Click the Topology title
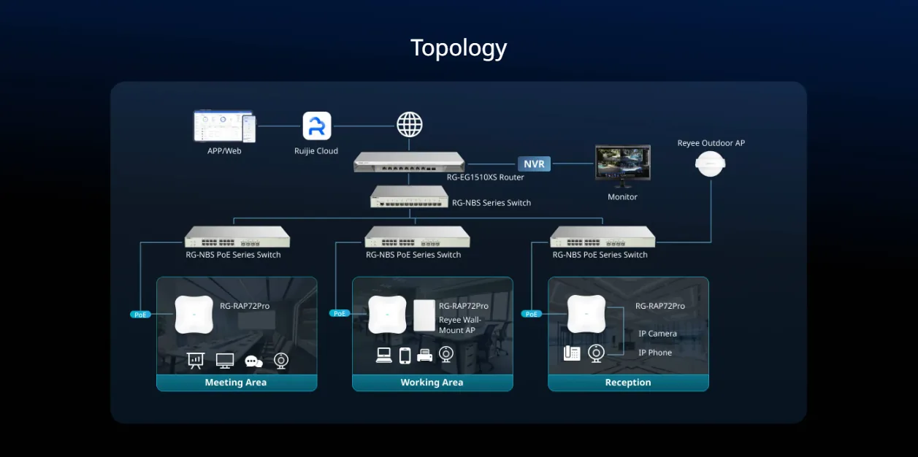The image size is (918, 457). click(x=459, y=49)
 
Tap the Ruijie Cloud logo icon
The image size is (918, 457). click(x=317, y=126)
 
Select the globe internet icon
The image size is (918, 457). click(x=410, y=125)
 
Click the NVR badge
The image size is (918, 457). click(x=534, y=164)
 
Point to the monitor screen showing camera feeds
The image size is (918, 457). click(x=622, y=162)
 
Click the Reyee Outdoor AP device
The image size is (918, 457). click(x=710, y=164)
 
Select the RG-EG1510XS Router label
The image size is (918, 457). click(x=485, y=177)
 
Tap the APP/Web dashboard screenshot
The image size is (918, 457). click(x=225, y=126)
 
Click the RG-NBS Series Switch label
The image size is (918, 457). click(x=491, y=203)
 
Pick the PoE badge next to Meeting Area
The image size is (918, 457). click(x=140, y=315)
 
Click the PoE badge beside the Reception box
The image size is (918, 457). click(x=531, y=314)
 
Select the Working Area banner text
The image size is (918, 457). click(x=432, y=382)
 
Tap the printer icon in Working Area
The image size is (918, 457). click(x=424, y=355)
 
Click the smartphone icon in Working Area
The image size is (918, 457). click(x=405, y=356)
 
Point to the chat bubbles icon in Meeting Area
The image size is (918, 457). click(x=253, y=361)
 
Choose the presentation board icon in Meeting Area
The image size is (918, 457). click(x=196, y=361)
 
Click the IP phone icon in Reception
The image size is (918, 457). click(x=572, y=353)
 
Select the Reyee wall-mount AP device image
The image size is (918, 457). click(x=424, y=315)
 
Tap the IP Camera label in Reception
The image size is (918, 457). click(x=657, y=334)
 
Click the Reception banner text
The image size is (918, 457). click(x=628, y=382)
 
